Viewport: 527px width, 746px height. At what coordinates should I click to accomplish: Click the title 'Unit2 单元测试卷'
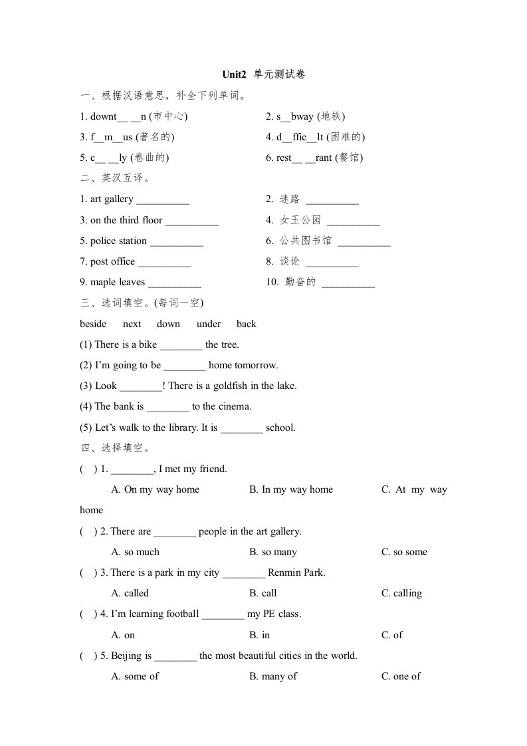coord(264,75)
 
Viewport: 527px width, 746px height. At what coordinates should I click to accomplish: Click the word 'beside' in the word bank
coord(93,324)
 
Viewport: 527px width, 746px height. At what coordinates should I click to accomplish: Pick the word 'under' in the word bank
coord(209,324)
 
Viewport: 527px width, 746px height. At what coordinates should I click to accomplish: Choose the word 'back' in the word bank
coord(246,324)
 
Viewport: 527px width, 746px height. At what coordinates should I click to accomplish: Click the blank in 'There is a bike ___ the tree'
coord(181,345)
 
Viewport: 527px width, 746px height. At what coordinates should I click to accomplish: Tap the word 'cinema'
coord(234,407)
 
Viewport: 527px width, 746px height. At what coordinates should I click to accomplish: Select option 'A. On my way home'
coord(156,490)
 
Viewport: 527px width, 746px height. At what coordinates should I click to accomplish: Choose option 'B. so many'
coord(273,553)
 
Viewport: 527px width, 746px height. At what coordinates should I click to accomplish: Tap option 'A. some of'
coord(135,677)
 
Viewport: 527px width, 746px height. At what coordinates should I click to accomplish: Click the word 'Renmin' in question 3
coord(285,573)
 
